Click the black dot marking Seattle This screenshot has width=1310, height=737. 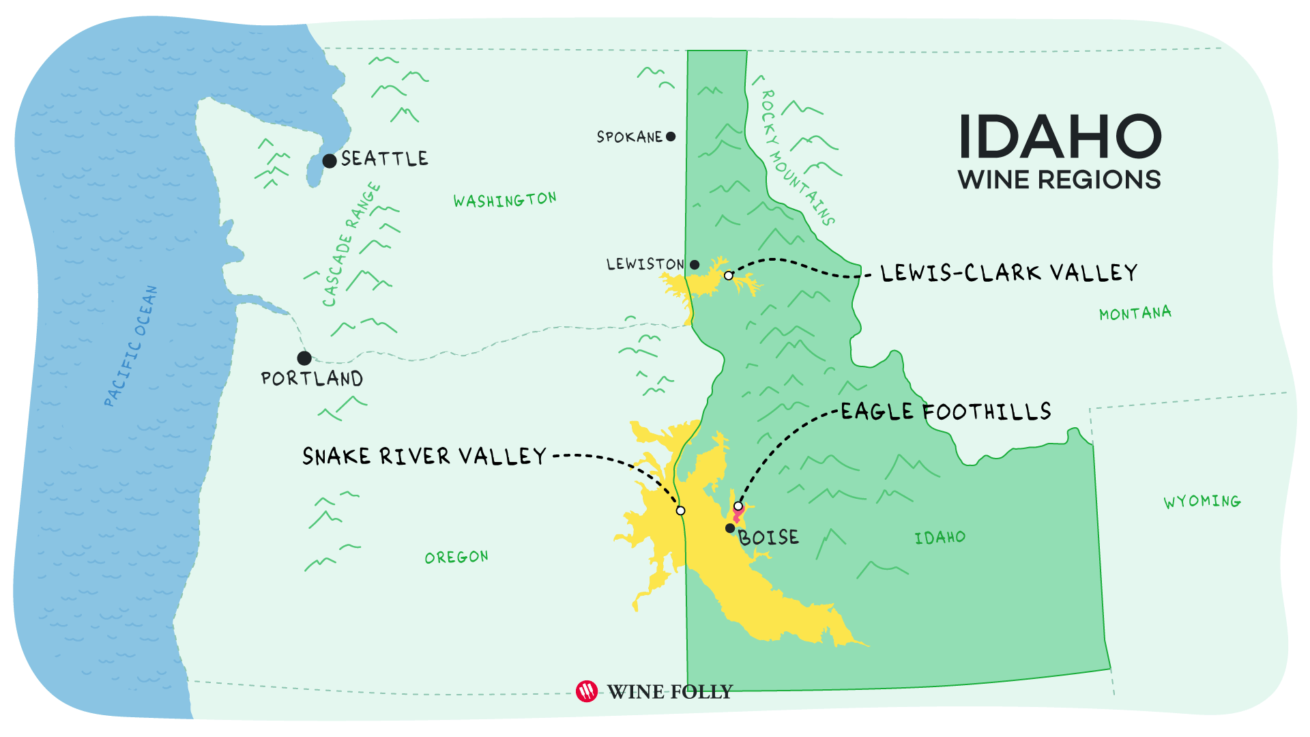(x=330, y=161)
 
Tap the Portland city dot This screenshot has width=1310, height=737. (x=304, y=358)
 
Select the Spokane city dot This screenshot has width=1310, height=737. (x=671, y=136)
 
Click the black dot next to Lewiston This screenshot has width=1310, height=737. (x=695, y=265)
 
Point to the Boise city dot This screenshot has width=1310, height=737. (x=730, y=528)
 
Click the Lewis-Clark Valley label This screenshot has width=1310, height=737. (x=1008, y=273)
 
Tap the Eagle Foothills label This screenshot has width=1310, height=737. (x=946, y=411)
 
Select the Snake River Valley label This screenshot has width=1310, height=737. (x=424, y=456)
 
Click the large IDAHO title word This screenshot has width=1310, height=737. (x=1060, y=137)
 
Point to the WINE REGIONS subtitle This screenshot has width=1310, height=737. (x=1059, y=180)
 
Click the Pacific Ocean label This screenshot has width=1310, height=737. (x=131, y=346)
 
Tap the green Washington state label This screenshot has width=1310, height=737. (x=505, y=200)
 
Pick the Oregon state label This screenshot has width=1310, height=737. (x=456, y=558)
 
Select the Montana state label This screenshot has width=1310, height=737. (x=1135, y=314)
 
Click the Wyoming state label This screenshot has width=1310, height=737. (x=1202, y=502)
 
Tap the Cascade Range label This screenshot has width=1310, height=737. (x=351, y=244)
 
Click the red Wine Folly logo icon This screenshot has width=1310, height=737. (x=587, y=691)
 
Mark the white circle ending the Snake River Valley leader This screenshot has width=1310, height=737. (x=680, y=510)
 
